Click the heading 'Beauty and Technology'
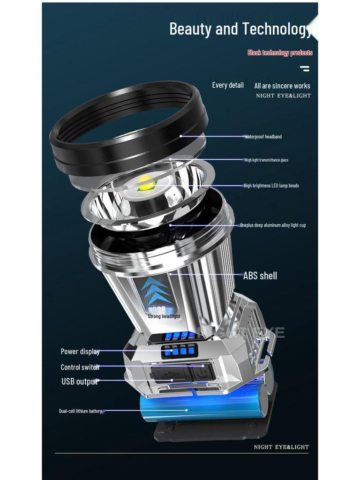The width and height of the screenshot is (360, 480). tap(240, 29)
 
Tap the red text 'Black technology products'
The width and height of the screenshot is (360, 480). tap(280, 53)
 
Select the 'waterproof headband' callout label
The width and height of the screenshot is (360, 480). tap(263, 137)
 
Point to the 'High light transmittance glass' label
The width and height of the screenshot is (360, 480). tap(266, 160)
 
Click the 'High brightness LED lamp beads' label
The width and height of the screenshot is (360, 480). tap(271, 186)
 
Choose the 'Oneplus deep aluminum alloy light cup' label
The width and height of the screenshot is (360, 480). tap(273, 225)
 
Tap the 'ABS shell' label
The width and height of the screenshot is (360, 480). tap(260, 276)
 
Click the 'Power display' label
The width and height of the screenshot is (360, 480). tap(80, 352)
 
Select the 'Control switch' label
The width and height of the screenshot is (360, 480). tap(80, 367)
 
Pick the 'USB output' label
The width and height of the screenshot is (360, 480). tap(80, 382)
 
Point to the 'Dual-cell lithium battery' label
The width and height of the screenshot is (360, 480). tap(80, 411)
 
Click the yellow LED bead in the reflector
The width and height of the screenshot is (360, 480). tap(146, 182)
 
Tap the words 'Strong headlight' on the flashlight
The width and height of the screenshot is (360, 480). tap(164, 316)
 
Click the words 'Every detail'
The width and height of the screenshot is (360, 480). tap(228, 85)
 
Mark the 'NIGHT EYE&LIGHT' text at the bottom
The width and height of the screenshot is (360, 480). tap(281, 447)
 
